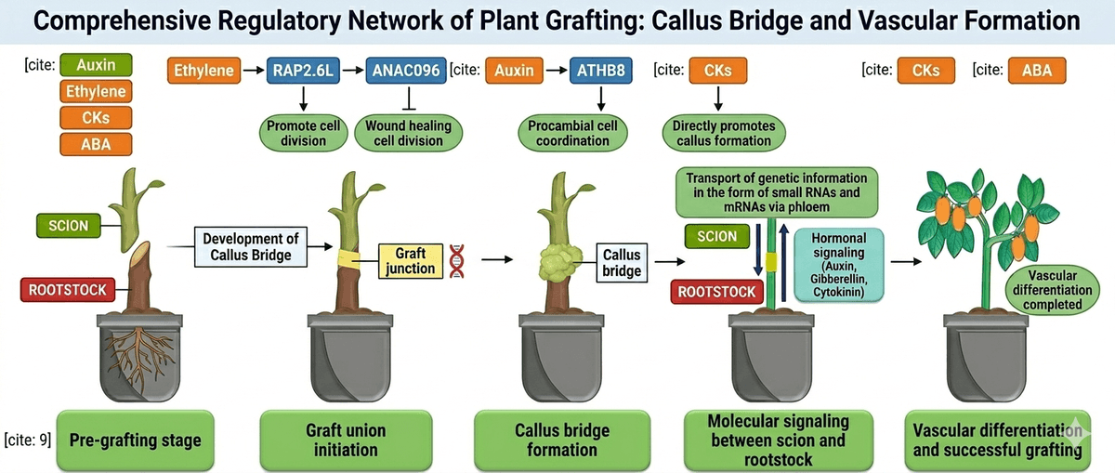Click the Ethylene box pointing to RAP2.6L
click(203, 71)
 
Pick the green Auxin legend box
click(96, 66)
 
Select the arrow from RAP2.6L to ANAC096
click(353, 71)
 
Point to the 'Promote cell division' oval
click(303, 133)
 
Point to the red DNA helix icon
click(456, 260)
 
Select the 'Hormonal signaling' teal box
click(838, 265)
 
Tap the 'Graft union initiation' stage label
click(346, 439)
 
